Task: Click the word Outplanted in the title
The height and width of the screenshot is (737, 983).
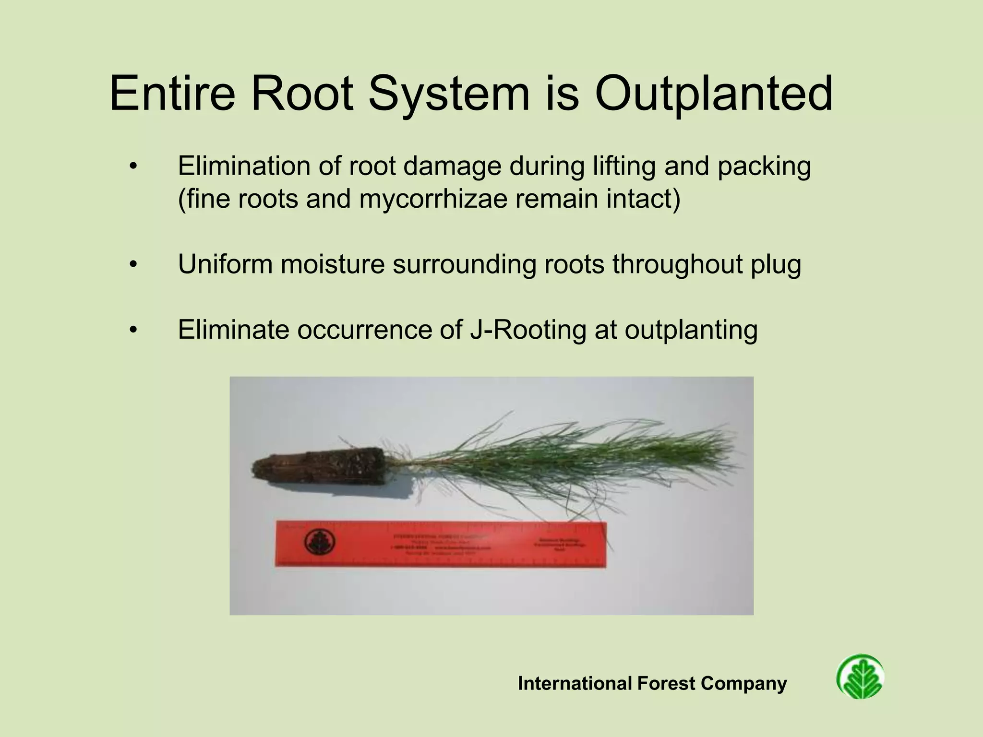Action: point(713,94)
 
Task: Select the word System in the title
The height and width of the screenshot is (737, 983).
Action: point(449,94)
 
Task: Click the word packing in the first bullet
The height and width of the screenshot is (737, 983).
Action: point(764,166)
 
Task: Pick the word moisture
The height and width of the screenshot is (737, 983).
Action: point(333,264)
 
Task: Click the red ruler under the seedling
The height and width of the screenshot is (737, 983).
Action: point(441,545)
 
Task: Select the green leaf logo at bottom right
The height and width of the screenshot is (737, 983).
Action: point(860,677)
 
